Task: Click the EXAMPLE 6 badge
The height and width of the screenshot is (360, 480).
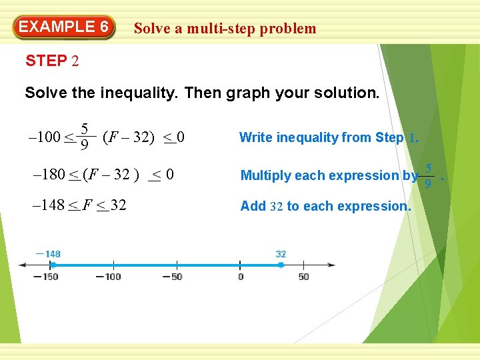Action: (64, 27)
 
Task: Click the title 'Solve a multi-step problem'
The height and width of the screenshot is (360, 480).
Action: (225, 28)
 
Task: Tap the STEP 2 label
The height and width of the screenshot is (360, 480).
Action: (52, 61)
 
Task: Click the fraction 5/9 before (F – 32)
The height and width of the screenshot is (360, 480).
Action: (85, 137)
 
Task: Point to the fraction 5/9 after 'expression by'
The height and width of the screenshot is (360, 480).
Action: (429, 175)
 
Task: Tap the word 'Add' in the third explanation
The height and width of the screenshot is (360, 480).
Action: (253, 206)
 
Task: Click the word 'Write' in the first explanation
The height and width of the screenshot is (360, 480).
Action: (256, 138)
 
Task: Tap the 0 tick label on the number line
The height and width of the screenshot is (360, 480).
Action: (240, 277)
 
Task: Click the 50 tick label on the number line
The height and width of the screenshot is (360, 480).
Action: (304, 277)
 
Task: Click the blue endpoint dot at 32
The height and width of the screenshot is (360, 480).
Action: (281, 265)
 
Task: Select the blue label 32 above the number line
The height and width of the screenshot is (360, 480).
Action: (281, 254)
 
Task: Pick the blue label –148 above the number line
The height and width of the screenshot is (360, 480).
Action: (49, 254)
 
